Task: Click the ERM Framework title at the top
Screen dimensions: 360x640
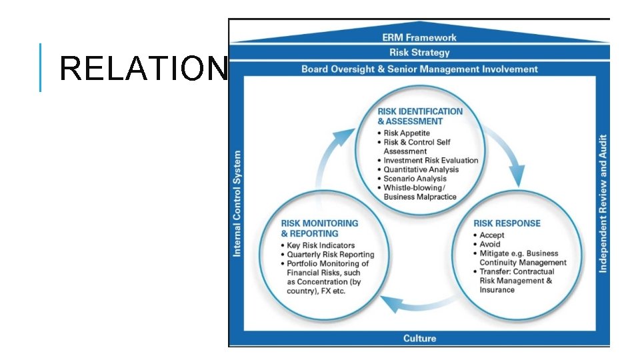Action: (x=419, y=37)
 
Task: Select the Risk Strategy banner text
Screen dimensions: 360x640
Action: (x=419, y=53)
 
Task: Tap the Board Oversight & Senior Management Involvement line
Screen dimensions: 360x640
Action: (x=419, y=69)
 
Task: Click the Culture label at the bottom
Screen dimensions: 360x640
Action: (x=419, y=339)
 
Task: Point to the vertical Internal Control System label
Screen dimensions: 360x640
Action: (x=237, y=203)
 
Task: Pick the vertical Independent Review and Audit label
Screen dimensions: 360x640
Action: (x=603, y=203)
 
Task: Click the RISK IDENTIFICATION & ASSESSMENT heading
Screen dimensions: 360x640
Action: (x=419, y=116)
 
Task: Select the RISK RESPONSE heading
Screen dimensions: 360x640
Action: (x=507, y=223)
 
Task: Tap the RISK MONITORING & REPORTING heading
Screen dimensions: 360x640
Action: (x=319, y=228)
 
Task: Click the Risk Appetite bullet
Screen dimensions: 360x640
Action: (x=406, y=133)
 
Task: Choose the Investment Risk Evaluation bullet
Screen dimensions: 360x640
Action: (x=430, y=161)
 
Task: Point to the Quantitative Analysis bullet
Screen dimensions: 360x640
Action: (x=421, y=169)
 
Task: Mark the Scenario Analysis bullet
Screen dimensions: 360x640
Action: (x=414, y=179)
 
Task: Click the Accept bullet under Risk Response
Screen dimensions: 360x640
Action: (x=491, y=235)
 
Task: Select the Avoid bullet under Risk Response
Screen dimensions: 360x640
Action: (x=489, y=244)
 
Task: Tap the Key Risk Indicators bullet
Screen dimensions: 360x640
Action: (x=320, y=245)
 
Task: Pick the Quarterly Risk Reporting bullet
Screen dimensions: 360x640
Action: (x=330, y=255)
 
